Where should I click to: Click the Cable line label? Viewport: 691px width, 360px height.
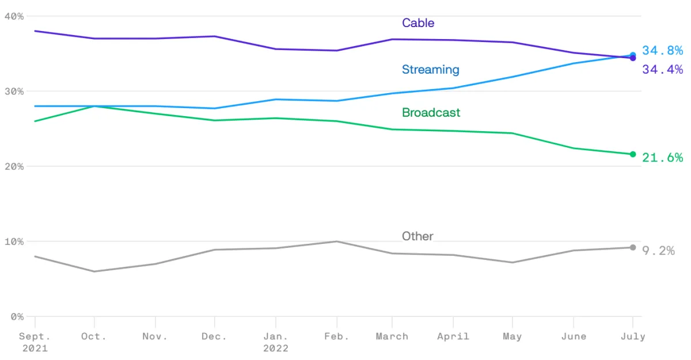[x=418, y=23]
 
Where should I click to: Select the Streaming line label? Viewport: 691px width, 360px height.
[x=431, y=70]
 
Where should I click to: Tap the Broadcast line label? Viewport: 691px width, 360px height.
[x=431, y=113]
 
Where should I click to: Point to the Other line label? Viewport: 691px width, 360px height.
[x=417, y=236]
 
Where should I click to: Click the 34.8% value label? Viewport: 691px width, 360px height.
[x=662, y=51]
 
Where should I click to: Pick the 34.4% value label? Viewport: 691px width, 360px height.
[x=662, y=70]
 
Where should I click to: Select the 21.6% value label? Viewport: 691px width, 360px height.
[x=662, y=158]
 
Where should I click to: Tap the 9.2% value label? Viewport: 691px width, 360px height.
[x=659, y=251]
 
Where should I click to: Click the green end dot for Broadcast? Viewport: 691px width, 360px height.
[x=633, y=154]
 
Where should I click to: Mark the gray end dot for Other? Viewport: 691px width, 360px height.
[x=633, y=247]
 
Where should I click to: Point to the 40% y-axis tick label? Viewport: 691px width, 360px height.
[x=14, y=16]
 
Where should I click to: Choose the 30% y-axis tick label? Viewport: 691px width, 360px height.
[x=14, y=91]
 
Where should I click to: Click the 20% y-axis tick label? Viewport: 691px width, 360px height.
[x=14, y=166]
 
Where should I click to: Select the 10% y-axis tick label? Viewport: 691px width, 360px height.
[x=14, y=242]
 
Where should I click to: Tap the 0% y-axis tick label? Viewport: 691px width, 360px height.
[x=17, y=317]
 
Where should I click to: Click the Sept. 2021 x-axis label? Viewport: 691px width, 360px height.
[x=35, y=342]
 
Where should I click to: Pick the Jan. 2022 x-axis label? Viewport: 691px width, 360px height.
[x=276, y=342]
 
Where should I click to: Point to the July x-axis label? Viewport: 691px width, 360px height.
[x=633, y=336]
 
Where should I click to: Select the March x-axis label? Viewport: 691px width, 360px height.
[x=392, y=336]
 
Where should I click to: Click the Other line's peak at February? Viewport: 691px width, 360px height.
[x=337, y=242]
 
